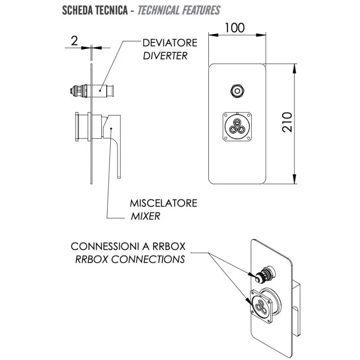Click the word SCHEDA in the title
75,10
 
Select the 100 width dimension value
234,28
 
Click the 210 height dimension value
287,122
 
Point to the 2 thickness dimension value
74,41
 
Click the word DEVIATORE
170,43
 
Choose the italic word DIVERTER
165,56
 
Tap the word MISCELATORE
163,203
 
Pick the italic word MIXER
145,216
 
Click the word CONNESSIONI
104,246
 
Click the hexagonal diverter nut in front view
237,91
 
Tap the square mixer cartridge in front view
237,126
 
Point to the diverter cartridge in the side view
92,91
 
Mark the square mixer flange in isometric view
261,306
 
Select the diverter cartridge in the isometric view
265,274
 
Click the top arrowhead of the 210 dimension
295,68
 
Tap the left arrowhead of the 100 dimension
213,35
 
